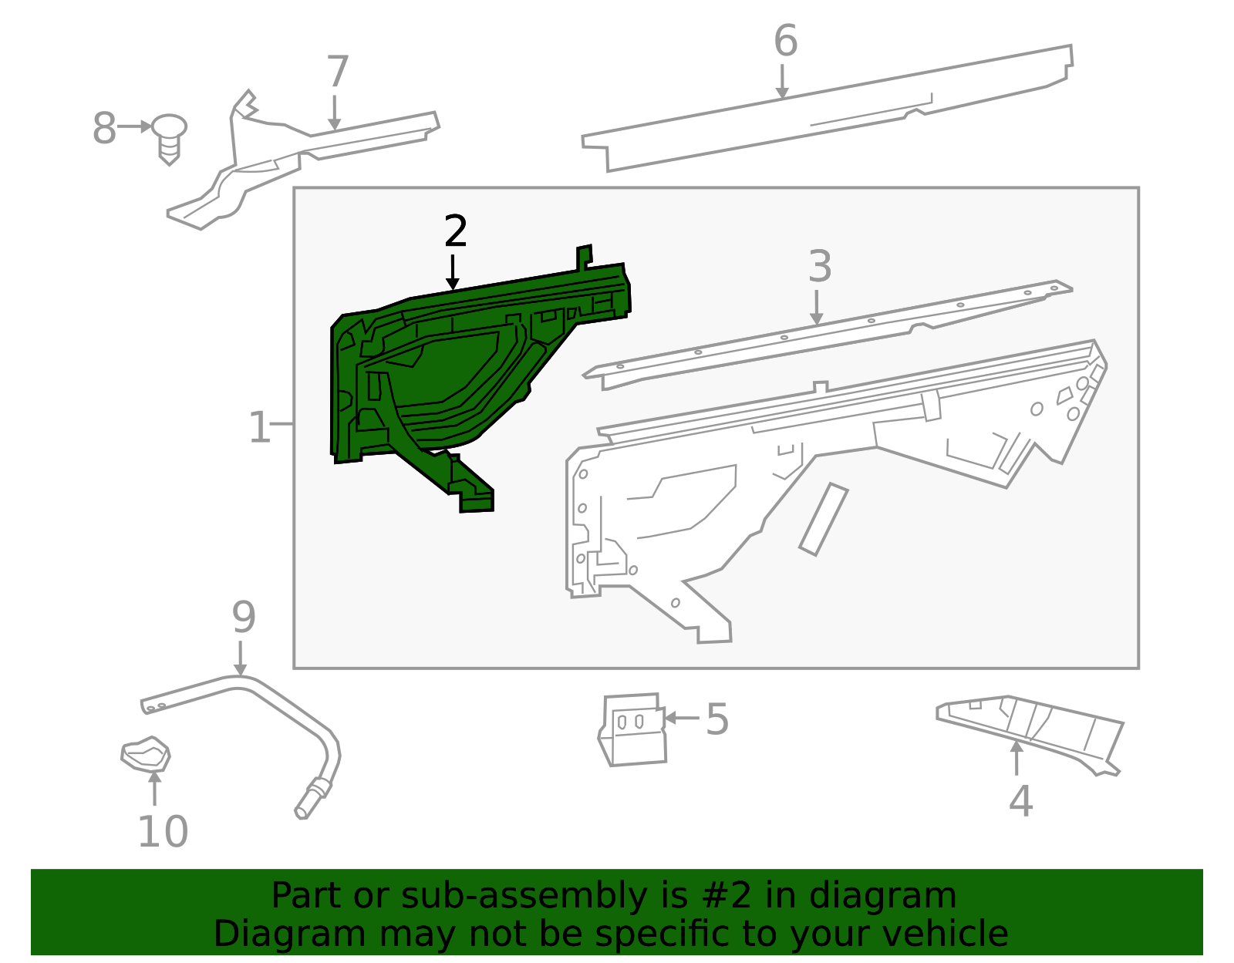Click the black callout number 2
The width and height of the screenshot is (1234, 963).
(456, 231)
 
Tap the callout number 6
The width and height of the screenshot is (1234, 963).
(785, 41)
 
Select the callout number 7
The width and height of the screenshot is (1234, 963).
(338, 72)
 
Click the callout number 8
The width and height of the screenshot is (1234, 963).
(104, 128)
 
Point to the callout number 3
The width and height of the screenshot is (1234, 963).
(820, 267)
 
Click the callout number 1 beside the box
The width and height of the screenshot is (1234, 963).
(260, 427)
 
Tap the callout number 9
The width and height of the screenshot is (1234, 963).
(244, 617)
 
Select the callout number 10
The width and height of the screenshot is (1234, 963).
(163, 831)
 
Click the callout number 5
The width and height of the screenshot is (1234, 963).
(716, 719)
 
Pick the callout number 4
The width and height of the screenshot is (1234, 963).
(1020, 801)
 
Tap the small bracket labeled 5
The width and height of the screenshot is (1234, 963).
(632, 729)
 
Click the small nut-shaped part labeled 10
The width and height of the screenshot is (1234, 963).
(146, 754)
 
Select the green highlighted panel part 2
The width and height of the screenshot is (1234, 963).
(432, 370)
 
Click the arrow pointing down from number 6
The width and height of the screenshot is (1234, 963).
(782, 82)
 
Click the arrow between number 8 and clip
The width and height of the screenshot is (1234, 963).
(136, 126)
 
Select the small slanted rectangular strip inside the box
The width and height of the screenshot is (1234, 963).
(824, 519)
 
